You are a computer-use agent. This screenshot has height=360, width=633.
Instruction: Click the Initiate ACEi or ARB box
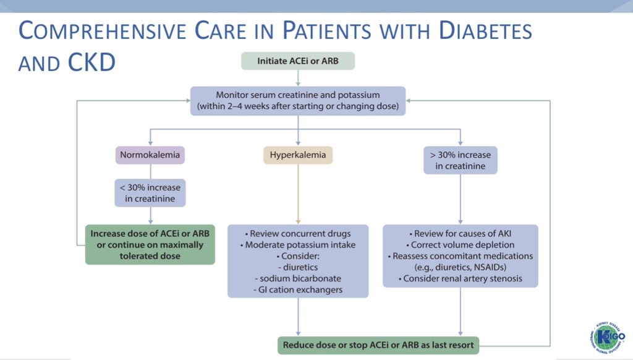click(297, 61)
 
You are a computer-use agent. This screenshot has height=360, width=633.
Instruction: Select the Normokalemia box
click(150, 155)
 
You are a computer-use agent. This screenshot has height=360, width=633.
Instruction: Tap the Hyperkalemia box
click(297, 155)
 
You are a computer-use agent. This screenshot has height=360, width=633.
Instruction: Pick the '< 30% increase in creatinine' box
click(150, 192)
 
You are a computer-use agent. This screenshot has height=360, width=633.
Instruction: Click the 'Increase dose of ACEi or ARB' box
click(150, 244)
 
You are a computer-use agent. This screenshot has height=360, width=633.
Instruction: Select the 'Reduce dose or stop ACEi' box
click(379, 345)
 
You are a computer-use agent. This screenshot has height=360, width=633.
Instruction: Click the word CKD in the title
click(91, 62)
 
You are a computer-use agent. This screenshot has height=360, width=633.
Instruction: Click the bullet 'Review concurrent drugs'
click(298, 234)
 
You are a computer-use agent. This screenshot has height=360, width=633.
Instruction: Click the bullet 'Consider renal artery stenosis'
click(460, 278)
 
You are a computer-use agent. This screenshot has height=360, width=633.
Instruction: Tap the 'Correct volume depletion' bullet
click(460, 245)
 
